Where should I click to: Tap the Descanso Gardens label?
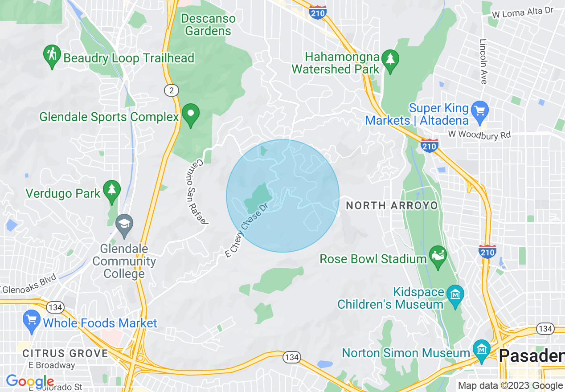(x=208, y=24)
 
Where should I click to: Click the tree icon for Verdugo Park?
(x=111, y=190)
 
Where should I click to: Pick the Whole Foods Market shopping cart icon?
(x=31, y=321)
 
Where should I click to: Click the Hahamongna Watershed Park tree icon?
(x=390, y=60)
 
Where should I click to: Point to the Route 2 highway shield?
(x=171, y=91)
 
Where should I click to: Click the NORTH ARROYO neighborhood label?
(x=392, y=205)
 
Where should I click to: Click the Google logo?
(x=30, y=381)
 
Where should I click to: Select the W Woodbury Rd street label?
(x=479, y=135)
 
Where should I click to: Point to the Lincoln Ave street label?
(x=483, y=61)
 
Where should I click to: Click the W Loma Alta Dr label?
(x=522, y=13)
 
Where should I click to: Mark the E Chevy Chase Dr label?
(x=246, y=230)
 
